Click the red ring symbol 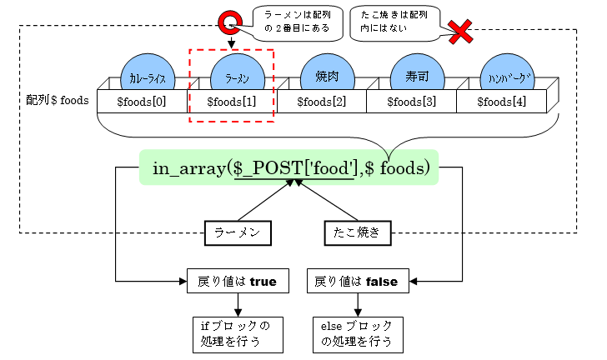pos(230,23)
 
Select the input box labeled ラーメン pos(238,233)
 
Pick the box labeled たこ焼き pos(357,233)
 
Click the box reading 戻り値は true pos(238,282)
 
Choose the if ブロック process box pos(237,332)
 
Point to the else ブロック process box pos(357,332)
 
